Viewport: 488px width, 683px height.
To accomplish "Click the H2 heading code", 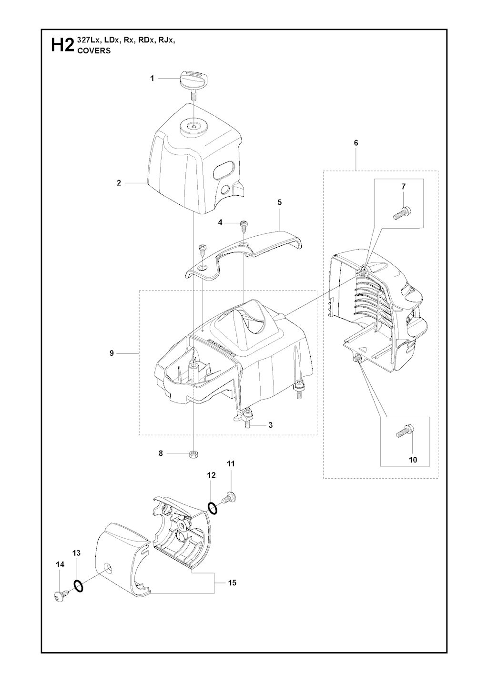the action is pyautogui.click(x=62, y=45).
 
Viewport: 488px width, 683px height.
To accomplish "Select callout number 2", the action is pyautogui.click(x=119, y=183).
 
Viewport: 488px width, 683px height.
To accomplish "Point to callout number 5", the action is pyautogui.click(x=280, y=202).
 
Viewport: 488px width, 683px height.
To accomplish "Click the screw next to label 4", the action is pyautogui.click(x=244, y=224).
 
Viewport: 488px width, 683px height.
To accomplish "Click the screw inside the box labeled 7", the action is pyautogui.click(x=402, y=212).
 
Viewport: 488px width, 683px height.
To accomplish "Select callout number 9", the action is pyautogui.click(x=112, y=353).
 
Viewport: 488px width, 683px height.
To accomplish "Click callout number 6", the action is pyautogui.click(x=356, y=143).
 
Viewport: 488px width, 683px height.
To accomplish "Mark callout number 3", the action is pyautogui.click(x=271, y=425).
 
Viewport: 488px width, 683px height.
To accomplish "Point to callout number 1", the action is pyautogui.click(x=152, y=79).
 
